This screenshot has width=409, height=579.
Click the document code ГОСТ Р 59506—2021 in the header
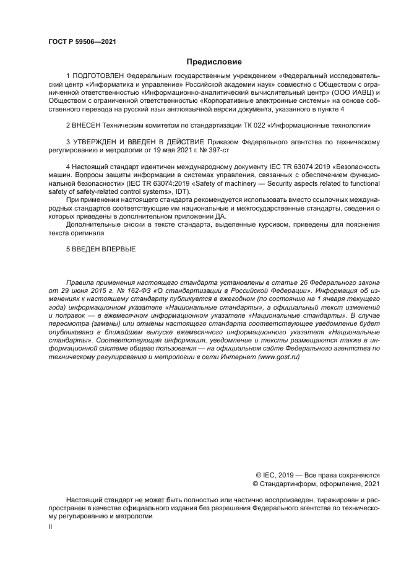coord(82,41)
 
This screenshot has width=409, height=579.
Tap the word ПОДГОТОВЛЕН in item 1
coord(97,76)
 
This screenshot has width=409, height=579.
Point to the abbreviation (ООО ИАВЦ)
coord(343,93)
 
